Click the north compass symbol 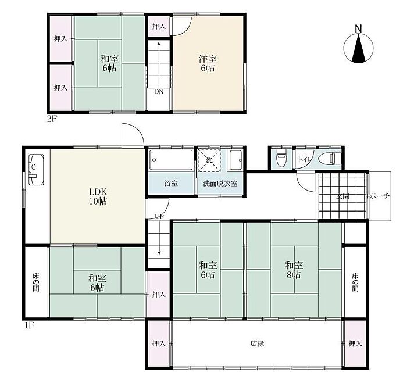click(359, 46)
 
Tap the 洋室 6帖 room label click(208, 63)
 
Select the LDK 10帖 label click(98, 196)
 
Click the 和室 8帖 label click(294, 270)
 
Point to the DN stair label click(159, 92)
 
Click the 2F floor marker click(52, 119)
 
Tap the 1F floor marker click(29, 325)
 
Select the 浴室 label click(171, 184)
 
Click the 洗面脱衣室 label click(220, 184)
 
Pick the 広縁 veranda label click(257, 343)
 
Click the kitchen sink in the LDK click(36, 170)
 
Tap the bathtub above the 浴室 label click(171, 160)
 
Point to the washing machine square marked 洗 click(209, 160)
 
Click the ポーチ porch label click(379, 196)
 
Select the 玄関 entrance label click(342, 196)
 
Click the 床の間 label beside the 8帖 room click(355, 282)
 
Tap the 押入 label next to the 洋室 click(159, 26)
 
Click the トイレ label click(304, 159)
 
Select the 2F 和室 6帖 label click(109, 63)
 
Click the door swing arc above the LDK click(138, 129)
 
